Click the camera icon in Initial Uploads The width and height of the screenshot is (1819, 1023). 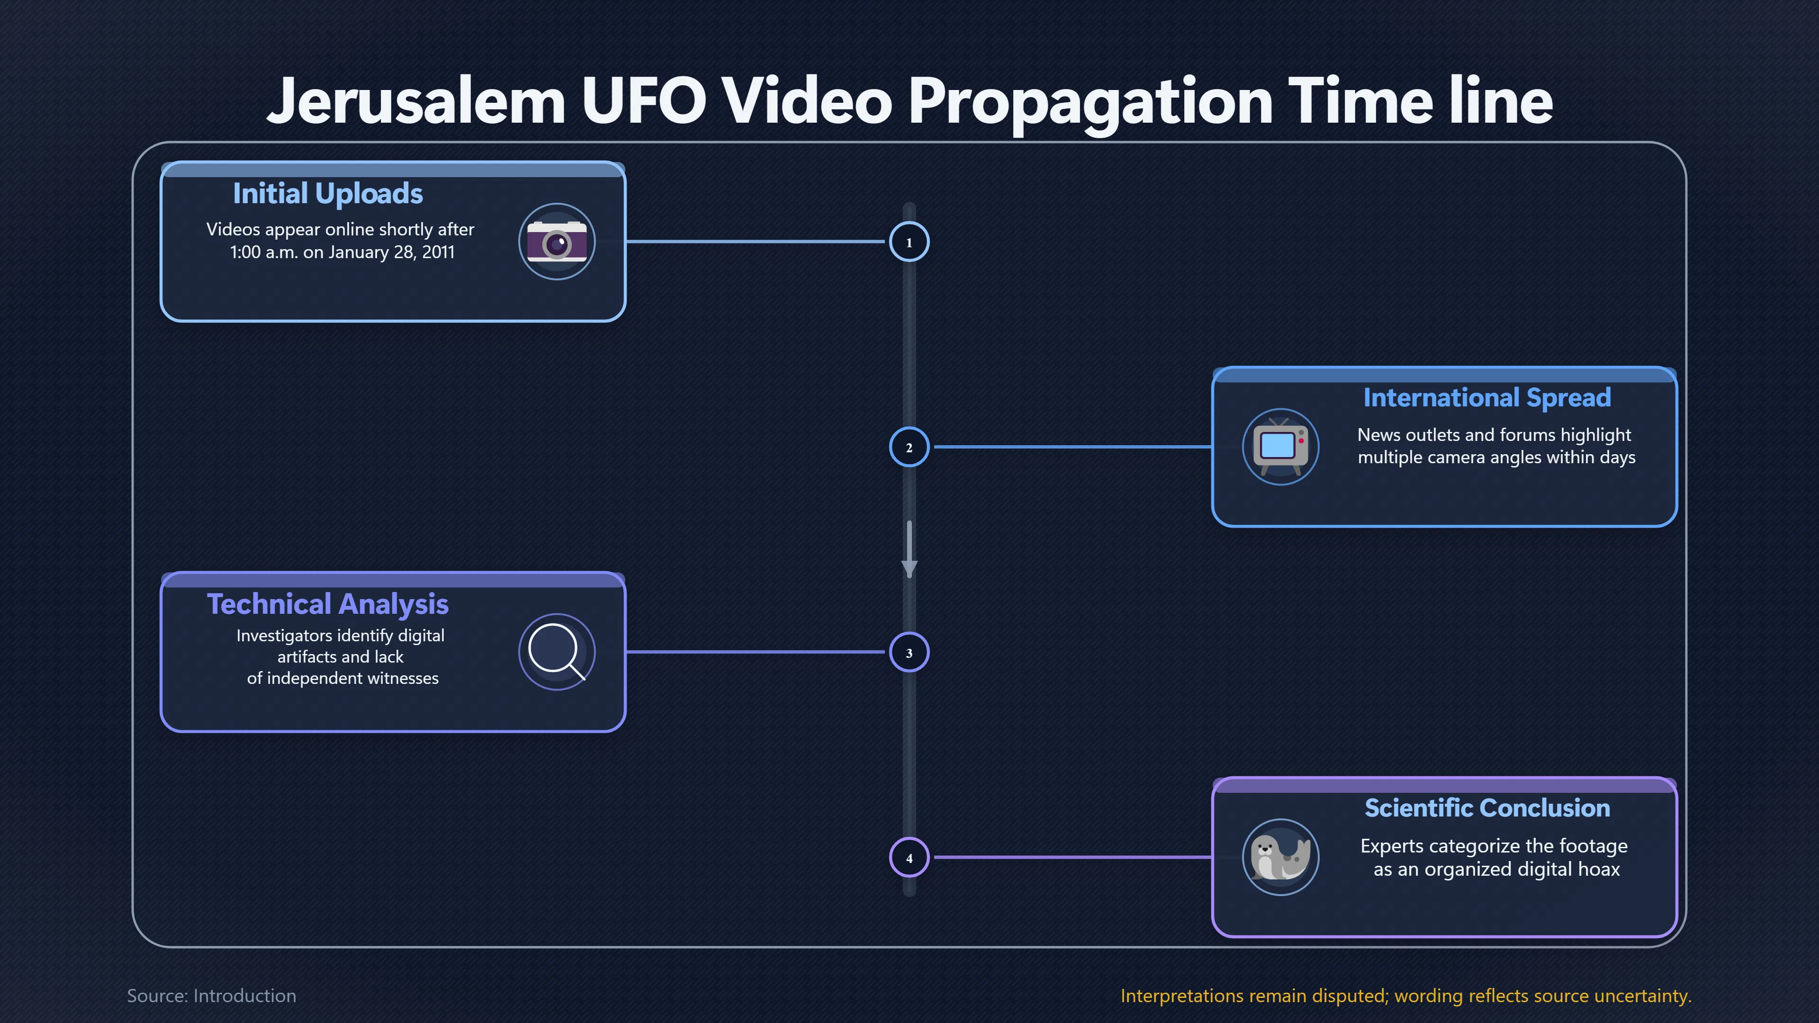[557, 242]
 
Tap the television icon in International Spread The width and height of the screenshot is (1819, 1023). [1280, 447]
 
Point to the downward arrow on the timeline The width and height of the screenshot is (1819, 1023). [909, 549]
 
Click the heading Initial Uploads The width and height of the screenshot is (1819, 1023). [328, 193]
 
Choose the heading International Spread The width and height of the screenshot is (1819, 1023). [1487, 397]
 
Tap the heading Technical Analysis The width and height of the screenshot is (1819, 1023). [328, 604]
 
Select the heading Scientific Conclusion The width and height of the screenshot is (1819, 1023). [1487, 808]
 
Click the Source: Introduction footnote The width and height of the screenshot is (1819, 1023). [211, 996]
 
